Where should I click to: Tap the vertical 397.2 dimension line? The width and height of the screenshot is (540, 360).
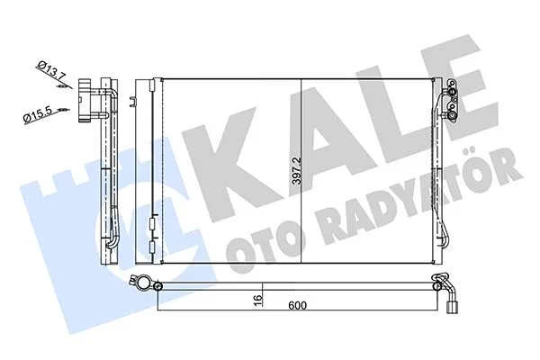tap(301, 171)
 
